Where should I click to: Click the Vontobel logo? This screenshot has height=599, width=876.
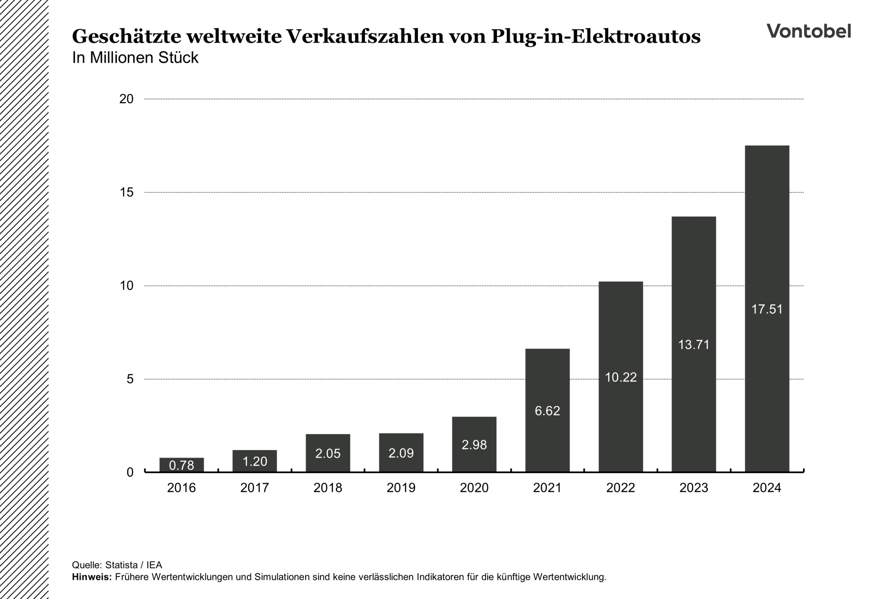point(808,31)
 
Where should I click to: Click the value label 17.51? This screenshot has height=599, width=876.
point(767,309)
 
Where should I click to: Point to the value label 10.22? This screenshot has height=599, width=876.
point(620,377)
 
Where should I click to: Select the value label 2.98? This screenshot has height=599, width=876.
point(474,445)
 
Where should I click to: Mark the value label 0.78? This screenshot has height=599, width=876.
point(182,465)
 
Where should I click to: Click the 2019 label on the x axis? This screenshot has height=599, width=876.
point(401,488)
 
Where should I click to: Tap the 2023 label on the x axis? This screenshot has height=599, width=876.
point(693,488)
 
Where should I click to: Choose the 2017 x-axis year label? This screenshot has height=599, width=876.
point(255,488)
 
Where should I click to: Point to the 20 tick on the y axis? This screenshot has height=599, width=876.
point(126,99)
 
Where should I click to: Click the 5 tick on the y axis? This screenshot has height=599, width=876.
point(130,379)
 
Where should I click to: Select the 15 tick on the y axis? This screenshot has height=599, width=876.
point(126,193)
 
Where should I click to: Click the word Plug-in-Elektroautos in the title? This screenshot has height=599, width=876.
point(595,36)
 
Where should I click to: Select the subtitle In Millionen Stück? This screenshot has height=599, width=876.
point(135,58)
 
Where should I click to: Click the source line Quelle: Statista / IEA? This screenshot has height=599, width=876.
point(117,565)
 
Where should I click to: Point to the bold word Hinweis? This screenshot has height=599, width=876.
point(92,577)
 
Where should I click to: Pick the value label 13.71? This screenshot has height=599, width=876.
point(693,344)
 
